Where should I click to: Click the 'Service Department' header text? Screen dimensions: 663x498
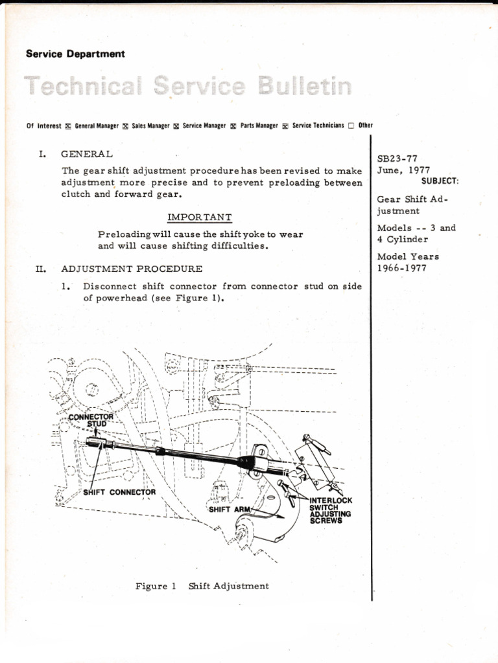75,54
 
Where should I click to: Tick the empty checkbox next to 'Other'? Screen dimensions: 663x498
351,126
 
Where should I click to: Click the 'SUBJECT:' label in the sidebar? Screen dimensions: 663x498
440,181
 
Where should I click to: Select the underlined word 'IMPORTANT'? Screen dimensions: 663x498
200,217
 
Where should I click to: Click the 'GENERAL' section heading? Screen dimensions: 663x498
87,154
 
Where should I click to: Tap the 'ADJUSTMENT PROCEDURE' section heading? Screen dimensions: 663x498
132,268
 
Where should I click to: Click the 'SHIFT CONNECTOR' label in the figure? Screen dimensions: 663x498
120,492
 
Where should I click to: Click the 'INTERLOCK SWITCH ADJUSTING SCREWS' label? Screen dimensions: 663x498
331,510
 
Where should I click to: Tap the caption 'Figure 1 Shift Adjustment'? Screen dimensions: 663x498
202,586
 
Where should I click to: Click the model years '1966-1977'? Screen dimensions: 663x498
402,268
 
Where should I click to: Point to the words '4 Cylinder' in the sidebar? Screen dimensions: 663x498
403,239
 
